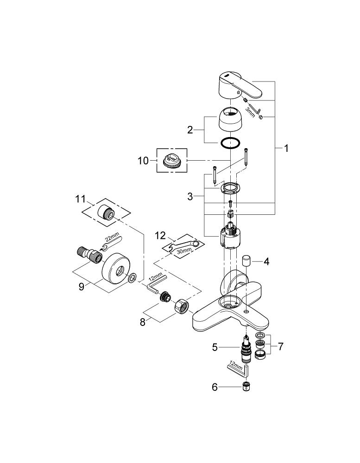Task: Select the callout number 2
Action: tap(189, 130)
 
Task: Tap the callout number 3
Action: tap(189, 197)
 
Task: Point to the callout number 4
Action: tap(266, 261)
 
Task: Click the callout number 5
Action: tap(215, 346)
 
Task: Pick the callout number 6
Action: tap(215, 387)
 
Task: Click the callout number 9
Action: tap(82, 287)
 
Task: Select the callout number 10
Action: tap(143, 161)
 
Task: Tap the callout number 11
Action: tap(81, 200)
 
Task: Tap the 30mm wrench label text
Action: tap(184, 250)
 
